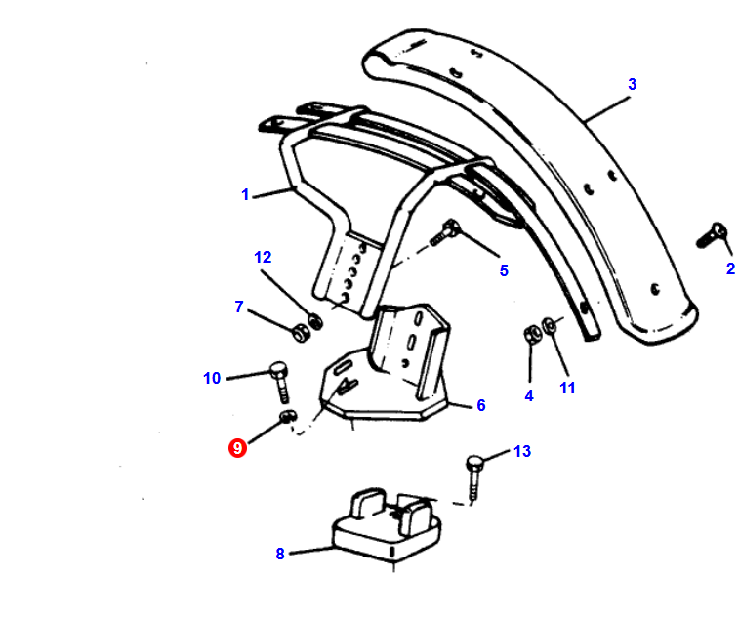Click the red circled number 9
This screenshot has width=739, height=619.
237,448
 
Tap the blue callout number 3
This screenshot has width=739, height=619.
632,84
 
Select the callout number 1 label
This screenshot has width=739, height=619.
245,194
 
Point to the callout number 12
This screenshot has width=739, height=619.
263,258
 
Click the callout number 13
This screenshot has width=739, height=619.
522,451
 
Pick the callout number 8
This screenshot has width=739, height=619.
280,554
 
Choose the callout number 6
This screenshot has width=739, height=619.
480,405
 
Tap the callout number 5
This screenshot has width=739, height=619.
504,270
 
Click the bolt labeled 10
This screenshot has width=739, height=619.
280,382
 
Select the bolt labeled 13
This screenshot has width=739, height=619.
474,476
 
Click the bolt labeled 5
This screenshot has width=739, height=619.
444,232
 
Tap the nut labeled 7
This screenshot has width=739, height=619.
299,333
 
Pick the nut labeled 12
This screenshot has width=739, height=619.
315,321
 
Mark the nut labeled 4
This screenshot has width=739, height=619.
531,335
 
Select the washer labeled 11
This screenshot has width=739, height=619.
549,326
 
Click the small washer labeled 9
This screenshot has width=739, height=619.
287,416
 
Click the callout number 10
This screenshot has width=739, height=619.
212,378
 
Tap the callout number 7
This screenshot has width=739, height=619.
239,307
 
